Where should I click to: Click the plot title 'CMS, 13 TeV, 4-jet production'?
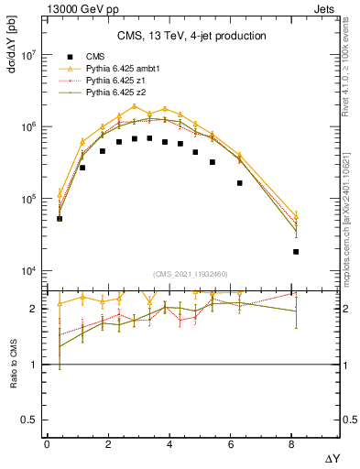191,37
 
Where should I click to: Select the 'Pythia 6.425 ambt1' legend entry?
125,68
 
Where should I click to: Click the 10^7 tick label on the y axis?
27,55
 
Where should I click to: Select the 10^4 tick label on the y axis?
27,271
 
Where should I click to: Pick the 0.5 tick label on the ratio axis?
30,420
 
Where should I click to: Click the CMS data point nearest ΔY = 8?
296,251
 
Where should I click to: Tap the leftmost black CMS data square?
60,219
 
